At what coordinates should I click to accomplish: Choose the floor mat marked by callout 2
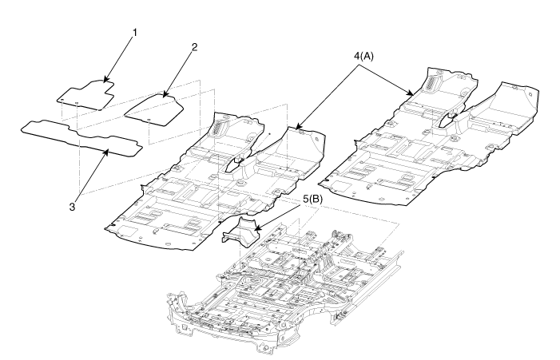click(x=155, y=107)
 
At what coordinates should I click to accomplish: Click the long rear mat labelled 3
click(x=80, y=136)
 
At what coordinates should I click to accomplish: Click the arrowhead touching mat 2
click(x=165, y=96)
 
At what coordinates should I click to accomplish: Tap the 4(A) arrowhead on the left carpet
click(x=293, y=129)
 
